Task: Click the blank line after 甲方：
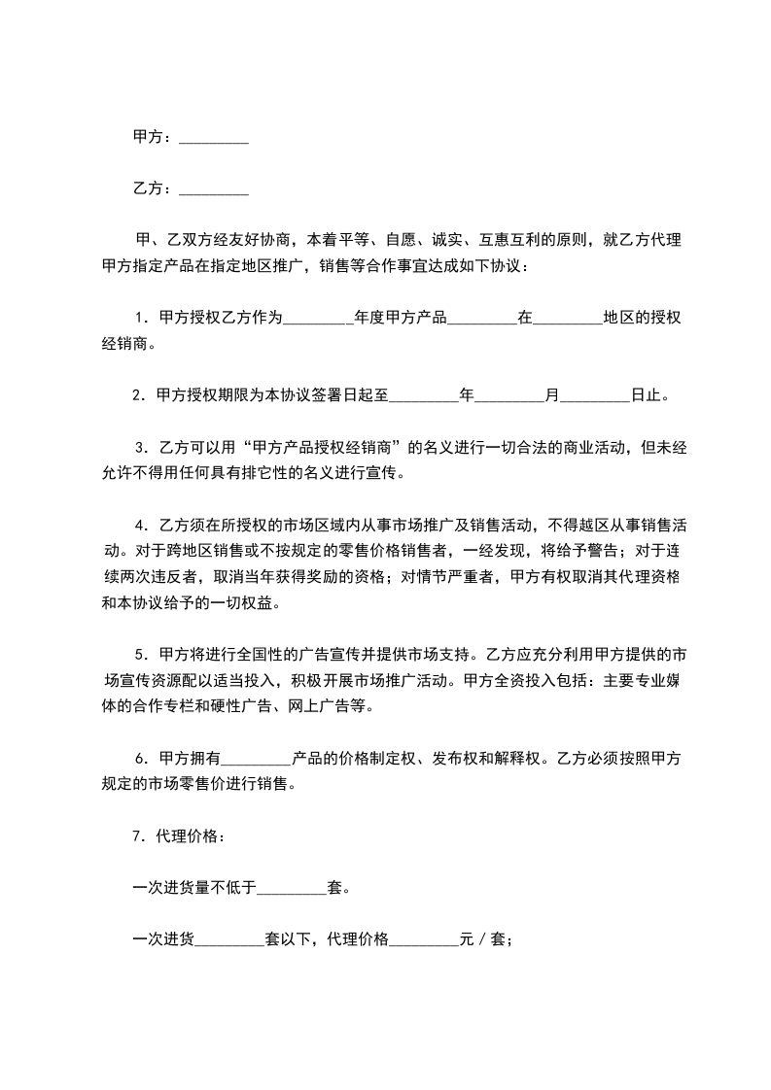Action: (x=214, y=139)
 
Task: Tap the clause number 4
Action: (x=140, y=526)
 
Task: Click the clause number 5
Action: (x=140, y=651)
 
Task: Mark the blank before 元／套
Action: (x=424, y=939)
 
